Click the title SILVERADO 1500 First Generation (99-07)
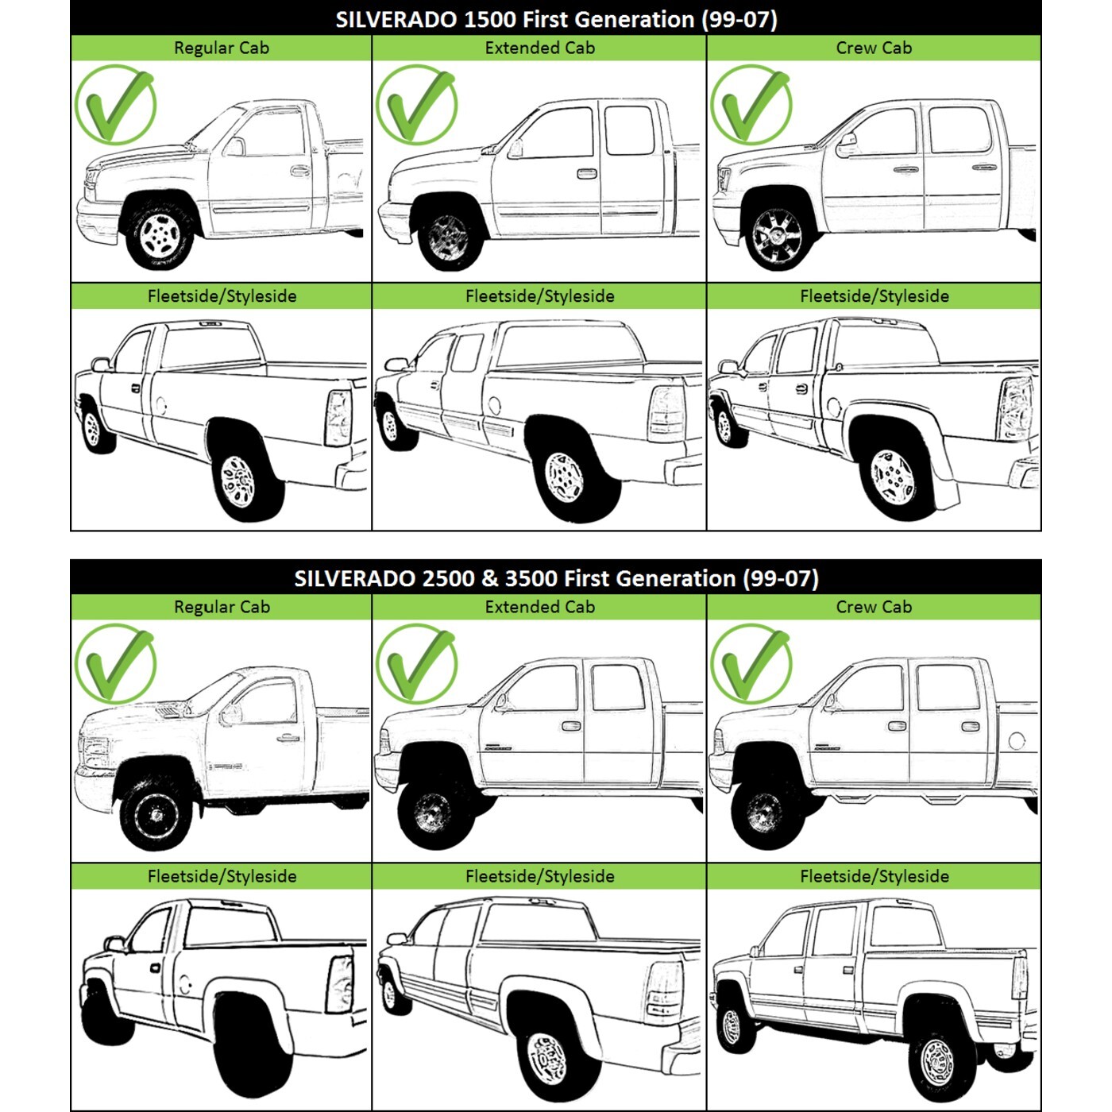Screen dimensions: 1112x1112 point(556,19)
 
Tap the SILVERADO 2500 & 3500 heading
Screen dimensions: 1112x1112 point(556,577)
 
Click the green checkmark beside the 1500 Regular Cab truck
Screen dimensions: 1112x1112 point(116,105)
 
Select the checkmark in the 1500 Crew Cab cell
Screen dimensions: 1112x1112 point(751,105)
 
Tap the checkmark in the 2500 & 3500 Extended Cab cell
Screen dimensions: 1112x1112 point(417,663)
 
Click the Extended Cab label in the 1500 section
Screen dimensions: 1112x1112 point(539,48)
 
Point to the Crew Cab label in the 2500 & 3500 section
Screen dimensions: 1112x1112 point(874,607)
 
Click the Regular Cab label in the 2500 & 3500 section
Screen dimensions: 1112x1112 point(222,607)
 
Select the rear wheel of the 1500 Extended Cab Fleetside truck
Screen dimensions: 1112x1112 point(566,478)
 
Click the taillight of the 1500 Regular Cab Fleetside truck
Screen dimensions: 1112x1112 point(338,417)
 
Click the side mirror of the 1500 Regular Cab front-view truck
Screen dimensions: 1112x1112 point(236,146)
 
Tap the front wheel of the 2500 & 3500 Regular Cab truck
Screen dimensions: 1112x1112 point(156,815)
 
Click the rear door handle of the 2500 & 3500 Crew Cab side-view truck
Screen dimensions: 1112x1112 point(970,726)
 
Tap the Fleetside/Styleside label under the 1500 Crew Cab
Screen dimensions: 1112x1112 point(874,296)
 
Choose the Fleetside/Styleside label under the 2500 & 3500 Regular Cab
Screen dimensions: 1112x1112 point(222,876)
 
